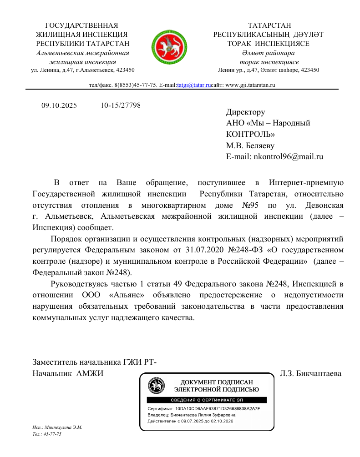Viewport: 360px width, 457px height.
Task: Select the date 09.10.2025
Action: click(59, 106)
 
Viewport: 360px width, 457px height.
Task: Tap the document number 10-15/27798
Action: click(121, 105)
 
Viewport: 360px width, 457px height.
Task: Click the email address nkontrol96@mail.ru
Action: click(288, 156)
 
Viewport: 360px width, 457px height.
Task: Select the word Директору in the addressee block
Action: click(245, 112)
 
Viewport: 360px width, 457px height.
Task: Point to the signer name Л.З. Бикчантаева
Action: click(310, 374)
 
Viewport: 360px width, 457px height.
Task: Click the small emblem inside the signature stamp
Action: click(157, 387)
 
